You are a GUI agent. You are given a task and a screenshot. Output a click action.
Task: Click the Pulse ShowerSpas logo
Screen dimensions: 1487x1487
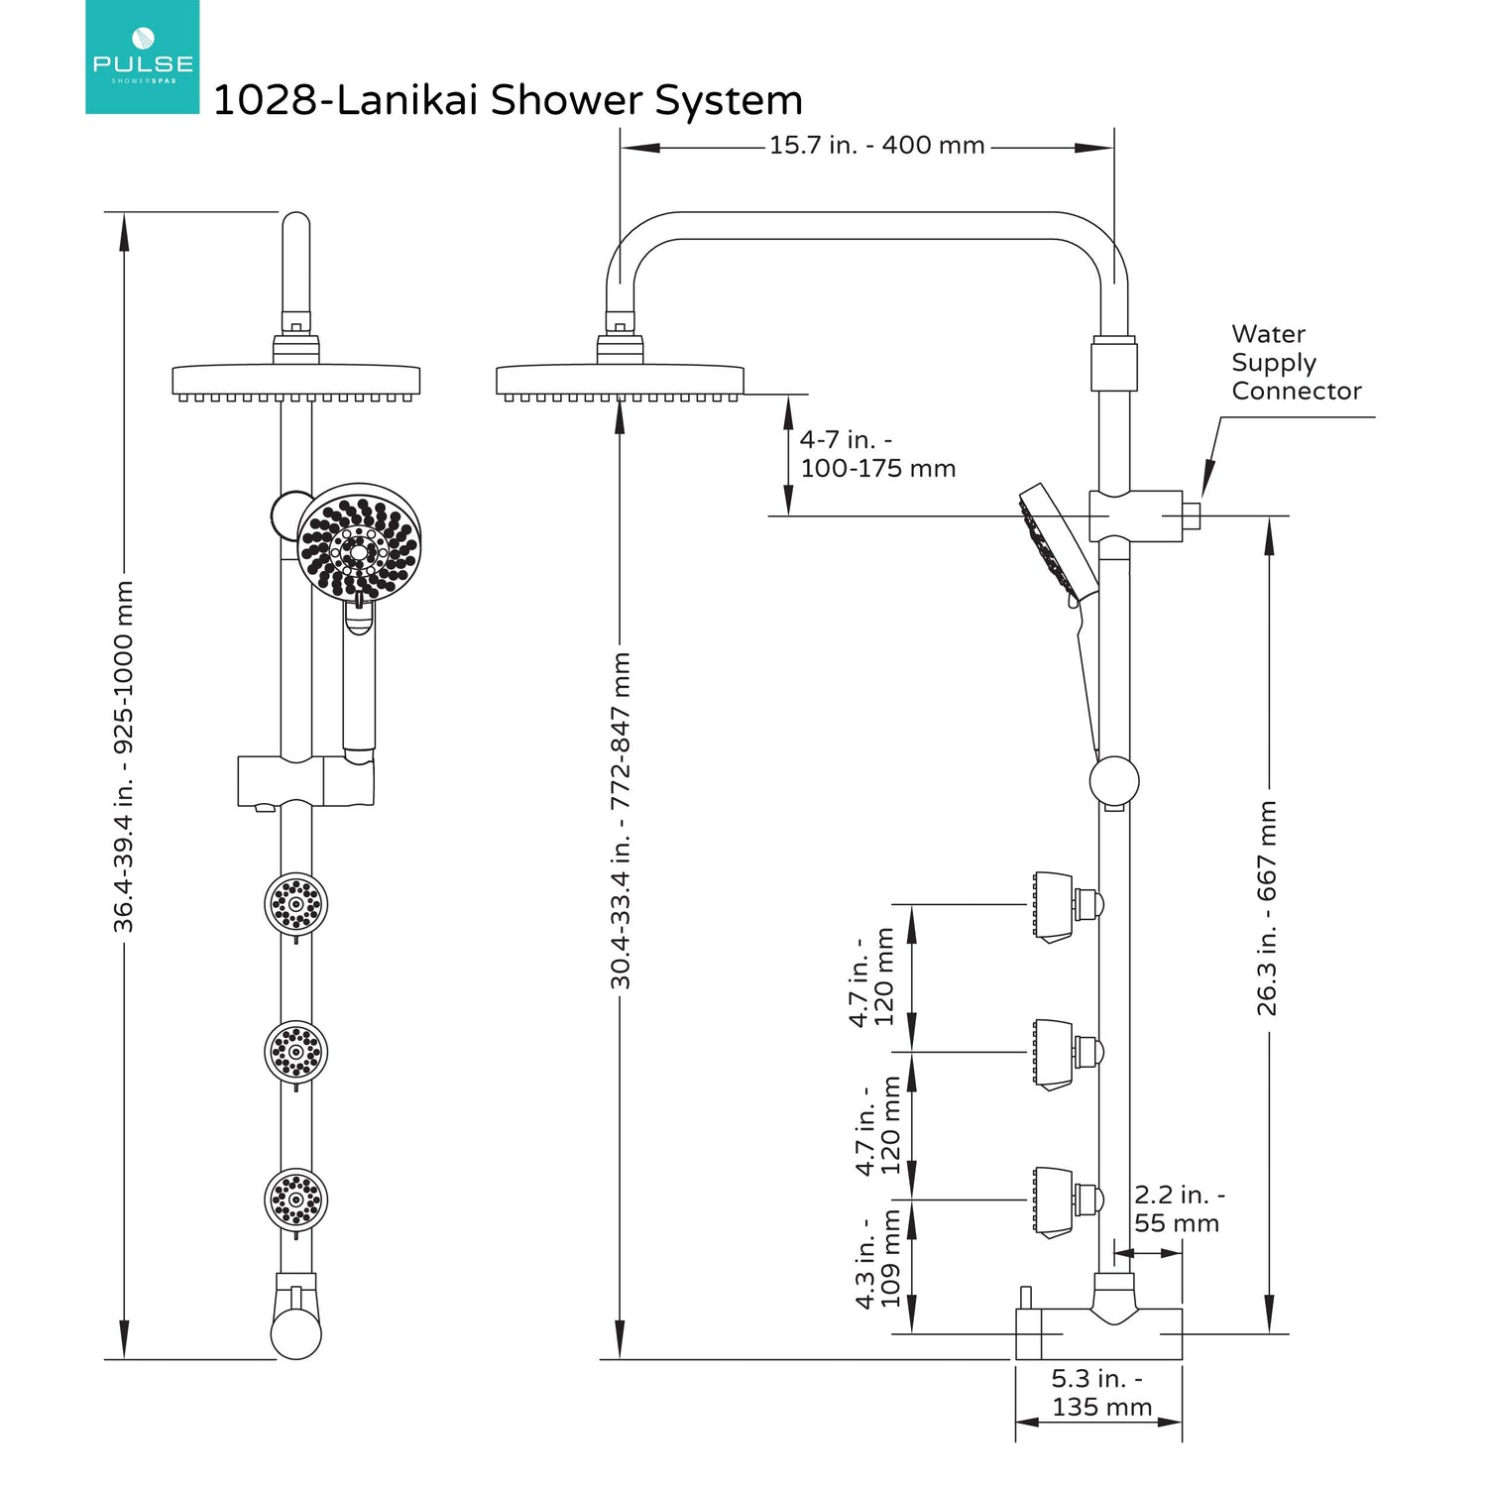(x=142, y=57)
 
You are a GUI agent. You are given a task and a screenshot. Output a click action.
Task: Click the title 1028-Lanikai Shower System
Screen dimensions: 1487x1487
(x=508, y=100)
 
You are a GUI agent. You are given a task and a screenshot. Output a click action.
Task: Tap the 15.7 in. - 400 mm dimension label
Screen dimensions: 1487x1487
(x=876, y=146)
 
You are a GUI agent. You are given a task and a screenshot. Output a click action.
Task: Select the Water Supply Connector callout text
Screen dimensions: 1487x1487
(x=1296, y=363)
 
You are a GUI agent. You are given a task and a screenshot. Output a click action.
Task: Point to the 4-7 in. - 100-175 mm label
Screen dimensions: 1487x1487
(x=877, y=454)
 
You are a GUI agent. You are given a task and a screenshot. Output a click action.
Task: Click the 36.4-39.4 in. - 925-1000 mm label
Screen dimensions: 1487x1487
(x=123, y=756)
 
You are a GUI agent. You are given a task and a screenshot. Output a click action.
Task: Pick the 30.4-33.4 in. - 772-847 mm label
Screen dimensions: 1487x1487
(x=621, y=820)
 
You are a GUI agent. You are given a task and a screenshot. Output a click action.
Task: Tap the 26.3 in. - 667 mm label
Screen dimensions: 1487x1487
(x=1268, y=908)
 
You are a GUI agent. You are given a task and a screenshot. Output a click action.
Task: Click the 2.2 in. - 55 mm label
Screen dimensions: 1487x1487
(x=1178, y=1209)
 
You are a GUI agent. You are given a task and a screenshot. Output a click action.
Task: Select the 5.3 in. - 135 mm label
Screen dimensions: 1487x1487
(x=1100, y=1393)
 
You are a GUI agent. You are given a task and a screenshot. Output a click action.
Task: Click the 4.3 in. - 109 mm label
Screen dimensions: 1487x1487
(x=878, y=1261)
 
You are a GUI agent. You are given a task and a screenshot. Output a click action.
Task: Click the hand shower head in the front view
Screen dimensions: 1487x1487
(x=359, y=541)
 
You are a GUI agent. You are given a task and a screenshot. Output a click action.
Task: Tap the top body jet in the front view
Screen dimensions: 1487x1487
(x=295, y=903)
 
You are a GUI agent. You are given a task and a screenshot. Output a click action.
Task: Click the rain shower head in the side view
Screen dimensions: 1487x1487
(x=620, y=380)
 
